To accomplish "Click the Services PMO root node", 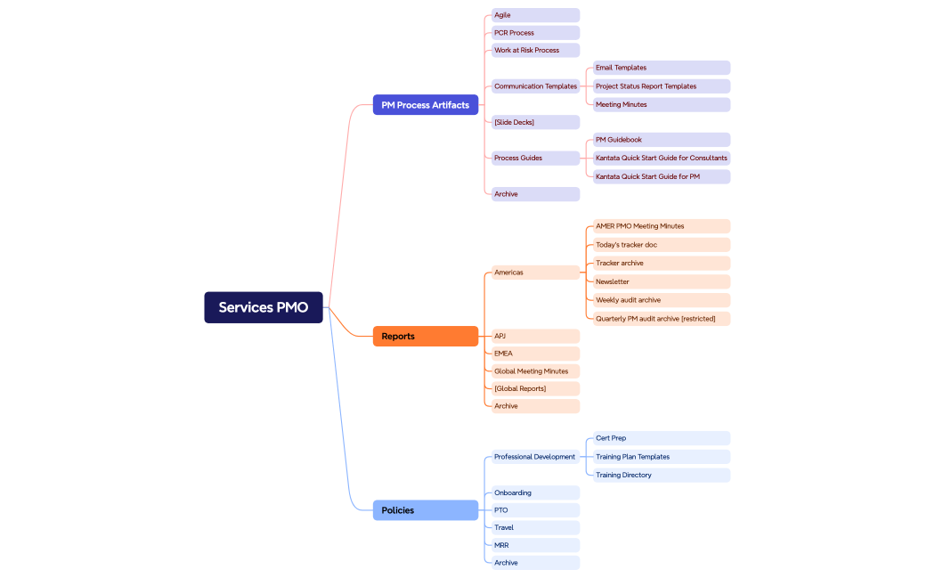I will coord(264,307).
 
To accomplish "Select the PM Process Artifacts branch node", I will coord(426,105).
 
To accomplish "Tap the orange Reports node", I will coord(426,336).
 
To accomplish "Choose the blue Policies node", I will coord(426,510).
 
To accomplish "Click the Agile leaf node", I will coord(535,15).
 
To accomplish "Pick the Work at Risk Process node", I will coord(535,50).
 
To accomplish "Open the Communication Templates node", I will coord(535,86).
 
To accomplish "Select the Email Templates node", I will coord(662,68).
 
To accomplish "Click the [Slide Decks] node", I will coord(535,122).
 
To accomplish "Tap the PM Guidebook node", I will coord(662,140).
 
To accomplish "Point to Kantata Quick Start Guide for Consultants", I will coord(662,158).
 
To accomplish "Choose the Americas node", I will coord(535,273).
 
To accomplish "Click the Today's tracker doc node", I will coord(662,245).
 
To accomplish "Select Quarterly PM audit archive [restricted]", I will coord(662,318).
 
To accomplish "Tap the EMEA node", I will coord(535,354).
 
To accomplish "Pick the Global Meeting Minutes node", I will coord(535,370).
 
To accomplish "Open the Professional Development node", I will coord(535,457).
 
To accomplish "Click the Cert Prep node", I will coord(662,438).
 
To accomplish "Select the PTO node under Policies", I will coord(535,510).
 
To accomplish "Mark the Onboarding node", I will coord(535,493).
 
